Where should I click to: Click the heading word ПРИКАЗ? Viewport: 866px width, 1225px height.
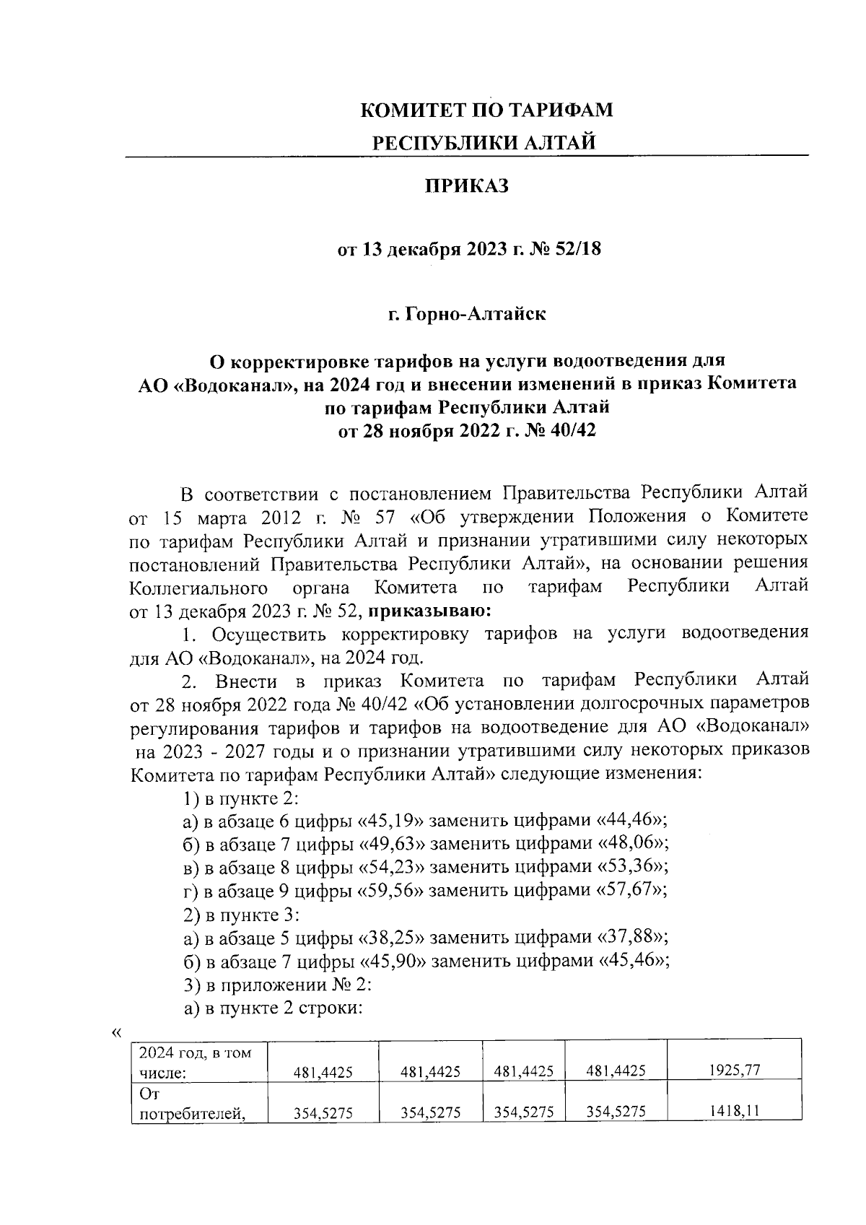coord(466,186)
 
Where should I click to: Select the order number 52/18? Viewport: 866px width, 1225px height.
coord(577,250)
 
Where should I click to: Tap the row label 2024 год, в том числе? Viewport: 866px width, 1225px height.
coord(195,1062)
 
